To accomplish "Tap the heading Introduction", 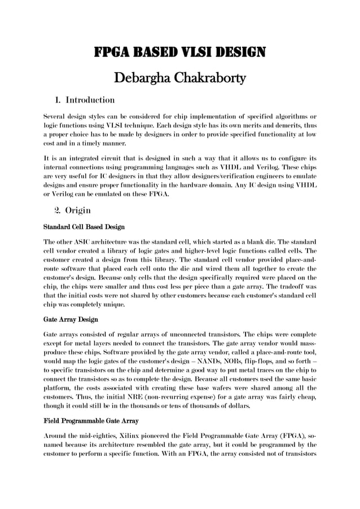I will [x=90, y=100].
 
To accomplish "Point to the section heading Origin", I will [x=78, y=210].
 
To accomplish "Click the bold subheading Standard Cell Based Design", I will [x=84, y=227].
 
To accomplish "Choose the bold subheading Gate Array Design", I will [x=71, y=319].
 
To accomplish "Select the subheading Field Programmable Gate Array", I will [x=91, y=420].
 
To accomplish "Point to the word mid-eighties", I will [x=93, y=437].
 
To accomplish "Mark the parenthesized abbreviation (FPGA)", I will [x=290, y=437].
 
